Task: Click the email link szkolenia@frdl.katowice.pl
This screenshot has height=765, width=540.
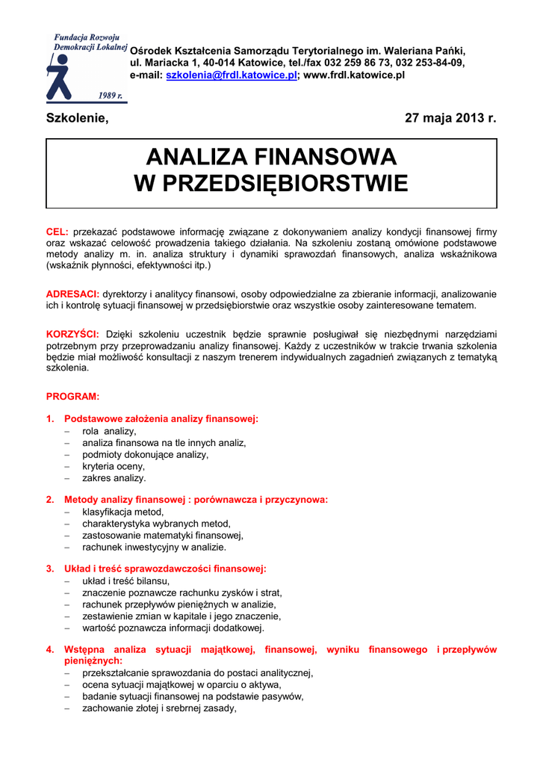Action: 232,75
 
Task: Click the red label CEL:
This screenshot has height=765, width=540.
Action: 58,232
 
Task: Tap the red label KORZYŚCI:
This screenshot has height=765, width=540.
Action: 73,335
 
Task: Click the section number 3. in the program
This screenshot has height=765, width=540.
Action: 50,569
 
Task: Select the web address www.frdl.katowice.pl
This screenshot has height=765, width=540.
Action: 355,75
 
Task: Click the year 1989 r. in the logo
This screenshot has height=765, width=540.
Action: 111,95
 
